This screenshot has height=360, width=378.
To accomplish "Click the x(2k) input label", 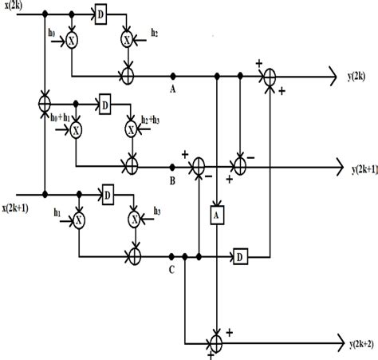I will pyautogui.click(x=18, y=6).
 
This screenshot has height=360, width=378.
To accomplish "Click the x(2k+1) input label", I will pyautogui.click(x=20, y=207).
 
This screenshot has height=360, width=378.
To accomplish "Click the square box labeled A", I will pyautogui.click(x=216, y=214).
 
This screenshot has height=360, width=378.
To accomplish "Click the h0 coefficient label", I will pyautogui.click(x=53, y=32).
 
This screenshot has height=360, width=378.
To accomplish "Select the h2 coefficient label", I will pyautogui.click(x=154, y=32).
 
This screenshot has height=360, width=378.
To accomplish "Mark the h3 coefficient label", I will pyautogui.click(x=154, y=212).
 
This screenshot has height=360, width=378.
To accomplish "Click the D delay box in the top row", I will pyautogui.click(x=100, y=14).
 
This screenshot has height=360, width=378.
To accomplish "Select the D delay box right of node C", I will pyautogui.click(x=239, y=256).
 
